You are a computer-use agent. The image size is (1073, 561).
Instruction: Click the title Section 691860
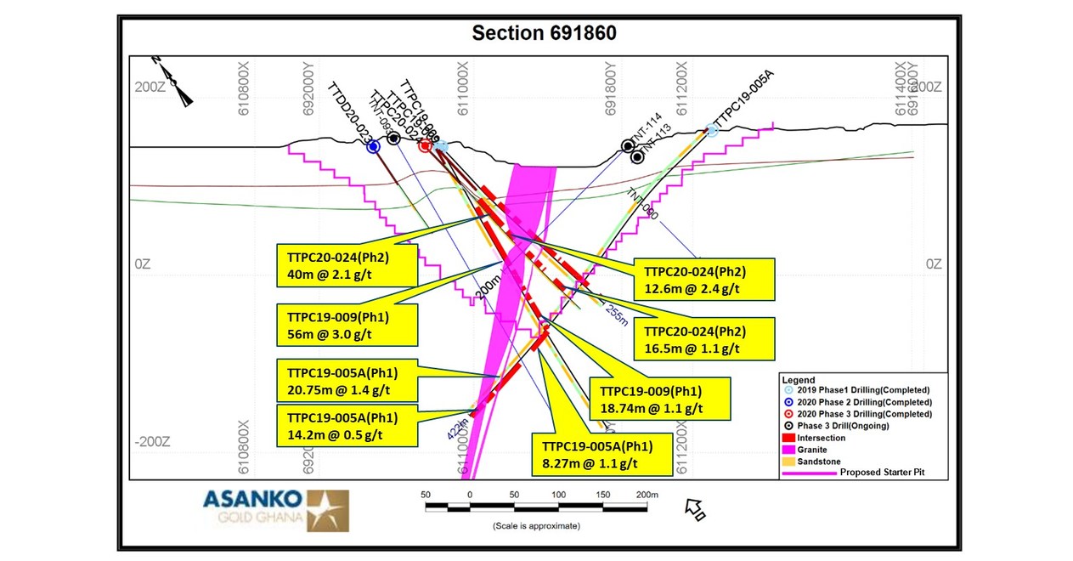[544, 33]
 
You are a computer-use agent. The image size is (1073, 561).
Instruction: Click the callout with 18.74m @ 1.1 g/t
[658, 399]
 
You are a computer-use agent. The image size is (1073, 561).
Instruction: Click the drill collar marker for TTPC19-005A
[712, 132]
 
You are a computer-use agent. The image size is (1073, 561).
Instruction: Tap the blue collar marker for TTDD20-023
[373, 147]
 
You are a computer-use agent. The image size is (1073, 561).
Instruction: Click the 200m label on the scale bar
[647, 494]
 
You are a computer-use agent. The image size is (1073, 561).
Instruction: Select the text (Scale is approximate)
[536, 525]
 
